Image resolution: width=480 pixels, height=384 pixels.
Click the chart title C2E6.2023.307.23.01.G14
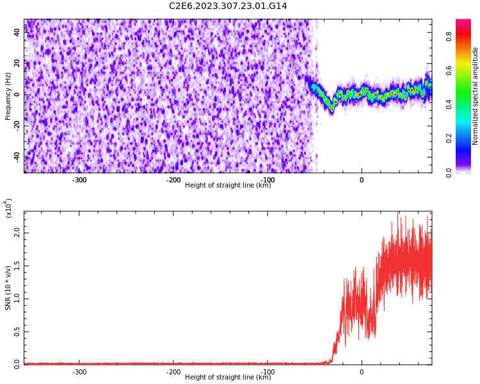click(228, 6)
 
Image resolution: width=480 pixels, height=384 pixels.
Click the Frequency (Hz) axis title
click(8, 96)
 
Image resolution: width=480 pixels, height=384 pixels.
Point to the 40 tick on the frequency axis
click(17, 32)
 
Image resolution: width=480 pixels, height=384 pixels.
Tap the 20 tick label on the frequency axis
click(17, 63)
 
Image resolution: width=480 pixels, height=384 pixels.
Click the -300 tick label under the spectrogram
click(79, 180)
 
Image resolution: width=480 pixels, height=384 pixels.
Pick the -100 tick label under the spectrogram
click(268, 180)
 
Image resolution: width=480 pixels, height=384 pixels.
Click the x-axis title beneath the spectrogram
click(228, 186)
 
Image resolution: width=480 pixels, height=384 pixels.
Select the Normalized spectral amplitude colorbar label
click(476, 96)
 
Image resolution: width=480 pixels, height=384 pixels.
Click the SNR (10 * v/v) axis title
click(8, 288)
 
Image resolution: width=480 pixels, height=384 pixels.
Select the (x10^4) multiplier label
click(8, 208)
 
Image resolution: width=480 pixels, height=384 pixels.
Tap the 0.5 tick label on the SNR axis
click(16, 332)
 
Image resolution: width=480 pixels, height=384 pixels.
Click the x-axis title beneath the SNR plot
click(228, 378)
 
